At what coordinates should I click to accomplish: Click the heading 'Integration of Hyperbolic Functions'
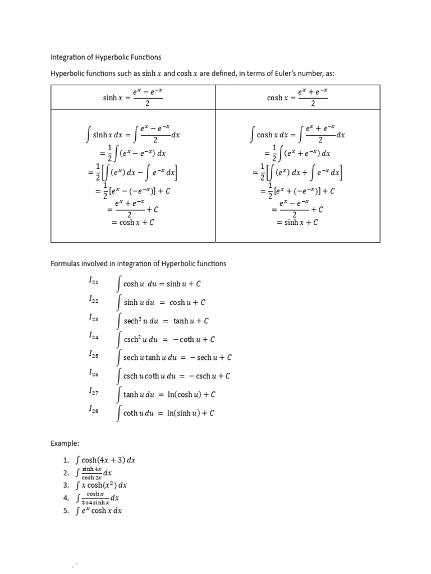pos(106,57)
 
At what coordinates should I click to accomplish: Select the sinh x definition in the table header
pos(133,98)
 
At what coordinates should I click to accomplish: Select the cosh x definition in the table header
pos(297,98)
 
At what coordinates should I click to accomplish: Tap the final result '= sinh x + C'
pos(297,222)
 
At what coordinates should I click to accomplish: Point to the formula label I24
pos(93,336)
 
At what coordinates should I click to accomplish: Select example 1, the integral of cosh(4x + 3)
pos(106,460)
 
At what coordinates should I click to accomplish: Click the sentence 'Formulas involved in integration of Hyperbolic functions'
pos(139,263)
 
